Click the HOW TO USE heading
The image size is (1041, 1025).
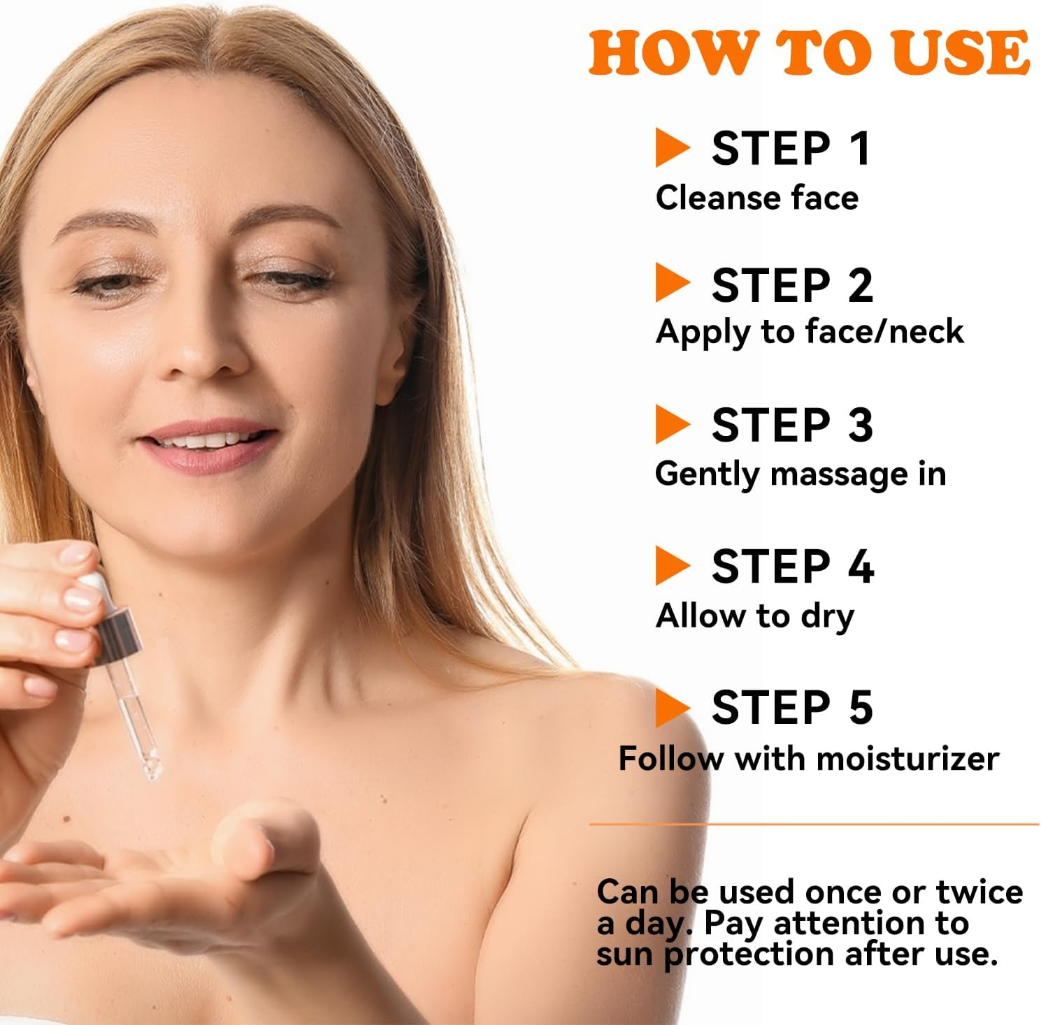point(809,53)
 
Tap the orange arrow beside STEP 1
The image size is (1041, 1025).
point(671,147)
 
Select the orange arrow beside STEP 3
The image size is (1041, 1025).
point(671,424)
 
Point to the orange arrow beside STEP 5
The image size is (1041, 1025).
point(671,707)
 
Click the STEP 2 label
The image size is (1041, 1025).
point(792,285)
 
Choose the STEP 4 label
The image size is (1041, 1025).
point(792,566)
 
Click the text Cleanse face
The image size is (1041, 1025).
point(756,198)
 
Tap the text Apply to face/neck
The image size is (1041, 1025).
point(809,331)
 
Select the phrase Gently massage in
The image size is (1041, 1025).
point(801,474)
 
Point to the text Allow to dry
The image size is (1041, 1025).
point(754,616)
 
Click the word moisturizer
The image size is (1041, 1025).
point(908,759)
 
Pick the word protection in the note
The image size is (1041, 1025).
point(749,954)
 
